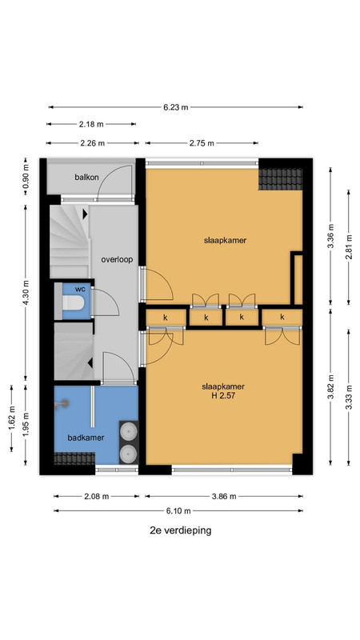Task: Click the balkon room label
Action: click(x=86, y=178)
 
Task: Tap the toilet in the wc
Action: click(x=73, y=303)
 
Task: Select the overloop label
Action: click(x=117, y=259)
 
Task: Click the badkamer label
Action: click(x=86, y=438)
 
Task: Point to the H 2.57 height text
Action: click(x=223, y=395)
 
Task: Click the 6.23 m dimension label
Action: click(x=176, y=107)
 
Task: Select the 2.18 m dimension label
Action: click(x=92, y=124)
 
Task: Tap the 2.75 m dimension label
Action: click(x=202, y=143)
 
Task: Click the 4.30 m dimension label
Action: click(x=26, y=292)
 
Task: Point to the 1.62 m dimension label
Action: click(x=11, y=418)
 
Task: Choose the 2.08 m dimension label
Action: click(x=97, y=497)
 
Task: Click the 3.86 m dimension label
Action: click(x=224, y=497)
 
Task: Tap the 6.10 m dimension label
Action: click(x=178, y=511)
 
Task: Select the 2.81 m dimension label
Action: click(x=348, y=247)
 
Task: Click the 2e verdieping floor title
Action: click(x=181, y=530)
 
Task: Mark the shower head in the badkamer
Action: click(x=62, y=404)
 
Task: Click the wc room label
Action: click(x=80, y=289)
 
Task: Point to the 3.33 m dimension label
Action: click(x=348, y=397)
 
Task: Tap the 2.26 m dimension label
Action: click(x=92, y=143)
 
